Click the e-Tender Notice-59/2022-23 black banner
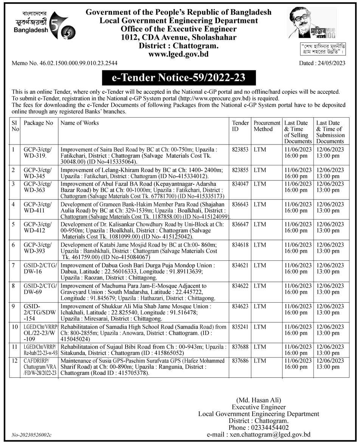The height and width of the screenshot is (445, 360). [179, 78]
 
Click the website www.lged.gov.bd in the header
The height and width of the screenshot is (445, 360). [178, 54]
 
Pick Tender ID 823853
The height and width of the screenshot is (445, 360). [241, 149]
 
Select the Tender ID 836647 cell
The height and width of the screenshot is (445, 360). [241, 224]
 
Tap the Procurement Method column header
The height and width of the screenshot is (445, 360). [267, 126]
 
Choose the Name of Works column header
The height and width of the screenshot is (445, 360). [80, 123]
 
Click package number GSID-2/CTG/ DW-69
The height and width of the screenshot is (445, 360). [40, 289]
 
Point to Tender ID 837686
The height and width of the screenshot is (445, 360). [241, 361]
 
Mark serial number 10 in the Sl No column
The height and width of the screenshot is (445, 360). [15, 327]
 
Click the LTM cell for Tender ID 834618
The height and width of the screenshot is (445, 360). [260, 245]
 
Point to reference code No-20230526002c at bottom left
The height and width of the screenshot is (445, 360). [31, 436]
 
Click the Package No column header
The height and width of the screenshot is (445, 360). [39, 123]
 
